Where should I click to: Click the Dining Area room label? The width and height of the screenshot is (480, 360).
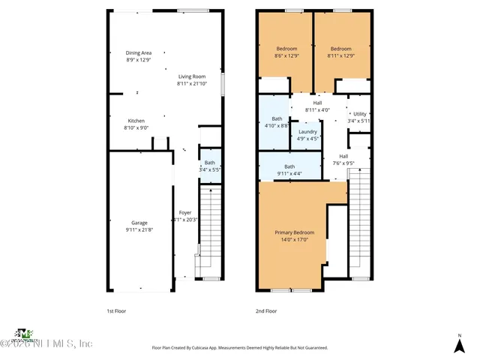point(139,53)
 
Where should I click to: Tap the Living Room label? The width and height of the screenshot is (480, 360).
point(191,77)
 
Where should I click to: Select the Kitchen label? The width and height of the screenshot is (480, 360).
point(136,121)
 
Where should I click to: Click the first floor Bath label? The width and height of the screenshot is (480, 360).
point(210,163)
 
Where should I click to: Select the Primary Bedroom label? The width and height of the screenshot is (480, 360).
point(294,232)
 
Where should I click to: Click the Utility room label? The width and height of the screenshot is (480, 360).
point(360,114)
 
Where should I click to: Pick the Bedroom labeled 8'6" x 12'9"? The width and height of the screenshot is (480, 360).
point(287,49)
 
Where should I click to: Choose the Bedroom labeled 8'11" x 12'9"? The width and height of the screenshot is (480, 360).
point(341,49)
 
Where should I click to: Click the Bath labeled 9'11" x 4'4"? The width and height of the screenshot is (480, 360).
point(289,167)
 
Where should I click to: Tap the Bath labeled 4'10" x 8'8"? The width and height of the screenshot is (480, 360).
point(277,118)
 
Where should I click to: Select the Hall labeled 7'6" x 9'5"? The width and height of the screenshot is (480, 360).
point(343,157)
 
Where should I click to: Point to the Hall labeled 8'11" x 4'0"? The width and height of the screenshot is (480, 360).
point(317,103)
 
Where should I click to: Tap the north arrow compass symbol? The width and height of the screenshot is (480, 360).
point(459,343)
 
